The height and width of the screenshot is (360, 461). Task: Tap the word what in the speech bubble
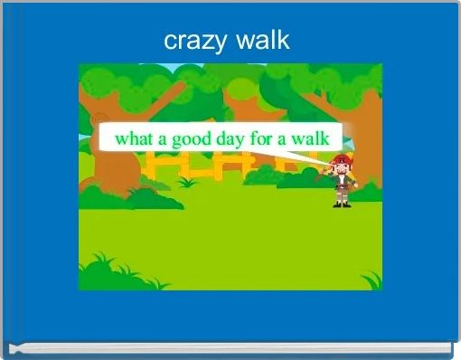pos(135,139)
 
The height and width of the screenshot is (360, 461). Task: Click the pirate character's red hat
pos(341,160)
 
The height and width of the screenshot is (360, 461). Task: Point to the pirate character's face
pos(341,170)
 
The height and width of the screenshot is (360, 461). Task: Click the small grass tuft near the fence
pos(189,183)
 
